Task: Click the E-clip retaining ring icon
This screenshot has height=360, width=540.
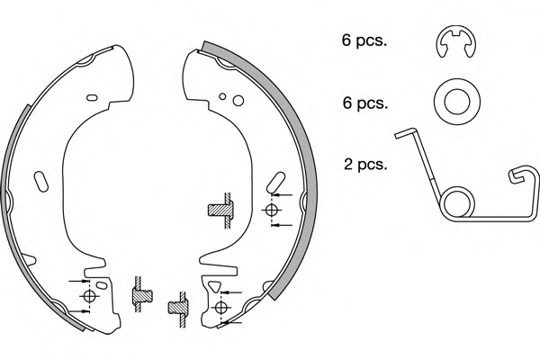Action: tap(456, 41)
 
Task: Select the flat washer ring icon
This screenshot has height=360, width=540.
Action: tap(457, 102)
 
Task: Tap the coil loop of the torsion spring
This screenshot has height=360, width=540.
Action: tap(457, 203)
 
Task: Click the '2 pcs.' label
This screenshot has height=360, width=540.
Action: tap(365, 165)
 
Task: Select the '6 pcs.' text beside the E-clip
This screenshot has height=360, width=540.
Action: tap(364, 40)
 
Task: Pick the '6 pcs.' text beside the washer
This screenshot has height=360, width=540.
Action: tap(365, 103)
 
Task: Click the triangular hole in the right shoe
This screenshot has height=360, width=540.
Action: tap(215, 286)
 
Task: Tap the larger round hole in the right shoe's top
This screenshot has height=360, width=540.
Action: tap(238, 101)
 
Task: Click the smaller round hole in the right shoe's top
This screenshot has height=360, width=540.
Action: tap(222, 96)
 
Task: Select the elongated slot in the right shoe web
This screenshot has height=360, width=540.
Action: tap(276, 183)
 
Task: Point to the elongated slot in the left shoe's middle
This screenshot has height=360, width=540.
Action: tap(41, 182)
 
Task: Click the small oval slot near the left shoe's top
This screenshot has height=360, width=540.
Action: tap(92, 97)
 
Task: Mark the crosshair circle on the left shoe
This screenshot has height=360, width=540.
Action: tap(89, 296)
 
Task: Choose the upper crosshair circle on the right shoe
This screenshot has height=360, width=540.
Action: tap(271, 210)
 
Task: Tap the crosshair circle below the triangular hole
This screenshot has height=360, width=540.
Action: tap(220, 307)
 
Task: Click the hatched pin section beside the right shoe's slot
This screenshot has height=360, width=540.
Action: tap(220, 210)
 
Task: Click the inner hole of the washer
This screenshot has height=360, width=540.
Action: tap(457, 102)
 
